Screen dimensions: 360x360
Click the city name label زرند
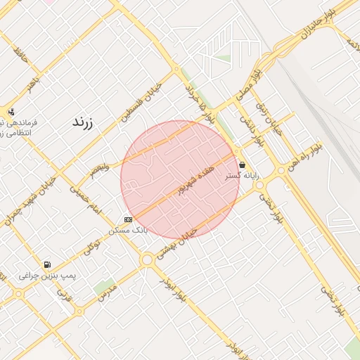[83, 122]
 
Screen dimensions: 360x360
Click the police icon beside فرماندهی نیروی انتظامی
[11, 112]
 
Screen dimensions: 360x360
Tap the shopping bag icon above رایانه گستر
[242, 165]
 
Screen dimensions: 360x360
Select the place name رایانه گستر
[242, 176]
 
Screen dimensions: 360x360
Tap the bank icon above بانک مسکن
[128, 220]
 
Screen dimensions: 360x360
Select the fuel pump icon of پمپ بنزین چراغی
[46, 265]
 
